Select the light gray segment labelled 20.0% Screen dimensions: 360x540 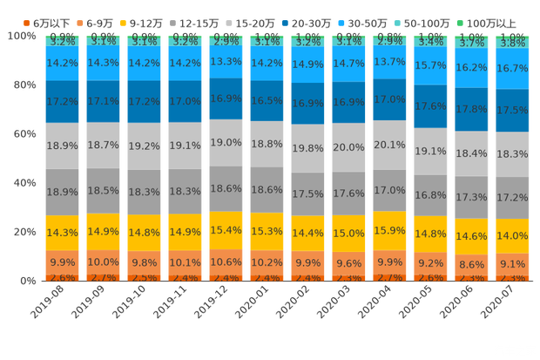coord(348,147)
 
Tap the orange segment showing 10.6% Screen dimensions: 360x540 coord(226,262)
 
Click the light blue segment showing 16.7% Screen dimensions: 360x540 coord(512,67)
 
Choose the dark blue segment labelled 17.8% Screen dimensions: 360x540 coord(471,109)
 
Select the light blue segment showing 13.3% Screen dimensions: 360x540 coord(226,61)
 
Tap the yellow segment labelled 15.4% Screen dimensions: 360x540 coord(226,230)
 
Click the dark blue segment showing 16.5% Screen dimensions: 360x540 coord(267,101)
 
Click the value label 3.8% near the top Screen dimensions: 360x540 coord(512,42)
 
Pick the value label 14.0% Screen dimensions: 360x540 coord(512,235)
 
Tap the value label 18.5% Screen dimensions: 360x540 coord(103,190)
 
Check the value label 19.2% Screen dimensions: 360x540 coord(144,146)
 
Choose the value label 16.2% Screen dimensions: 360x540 coord(471,66)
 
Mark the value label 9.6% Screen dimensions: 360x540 coord(348,262)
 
